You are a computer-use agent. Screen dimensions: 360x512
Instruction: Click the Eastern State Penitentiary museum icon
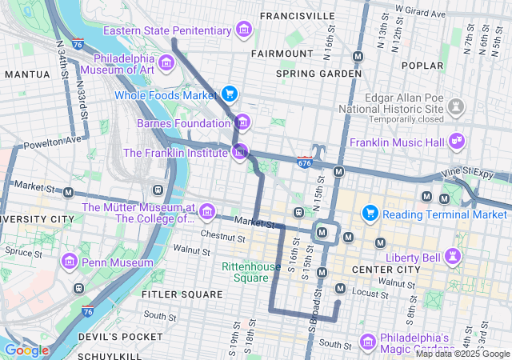[x=244, y=31]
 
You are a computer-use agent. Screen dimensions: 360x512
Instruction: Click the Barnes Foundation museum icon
[x=242, y=123]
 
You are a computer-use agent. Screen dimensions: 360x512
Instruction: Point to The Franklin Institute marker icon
[x=239, y=151]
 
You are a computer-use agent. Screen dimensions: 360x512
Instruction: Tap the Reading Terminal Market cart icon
[x=370, y=214]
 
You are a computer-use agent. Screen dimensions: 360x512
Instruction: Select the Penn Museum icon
[x=70, y=262]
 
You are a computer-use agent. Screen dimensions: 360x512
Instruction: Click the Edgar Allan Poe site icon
[x=457, y=106]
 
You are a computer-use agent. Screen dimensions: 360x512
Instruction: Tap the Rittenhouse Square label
[x=245, y=273]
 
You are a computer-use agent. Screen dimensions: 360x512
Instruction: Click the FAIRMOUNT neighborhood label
[x=282, y=54]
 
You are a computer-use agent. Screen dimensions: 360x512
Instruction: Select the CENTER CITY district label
[x=386, y=270]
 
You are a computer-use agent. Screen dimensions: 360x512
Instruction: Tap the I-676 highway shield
[x=305, y=162]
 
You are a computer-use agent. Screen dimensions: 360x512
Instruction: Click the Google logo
[x=26, y=350]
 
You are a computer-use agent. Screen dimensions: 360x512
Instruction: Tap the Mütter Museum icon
[x=207, y=211]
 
